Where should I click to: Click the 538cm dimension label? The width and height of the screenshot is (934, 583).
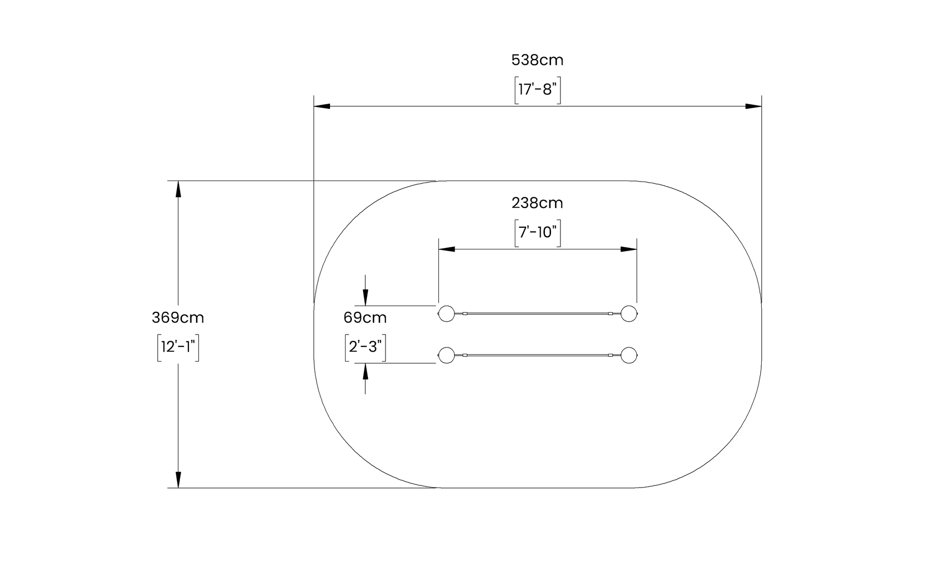pyautogui.click(x=537, y=60)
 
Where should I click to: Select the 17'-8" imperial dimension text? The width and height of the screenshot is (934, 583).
pyautogui.click(x=538, y=90)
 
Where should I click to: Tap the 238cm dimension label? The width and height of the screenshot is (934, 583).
pyautogui.click(x=537, y=203)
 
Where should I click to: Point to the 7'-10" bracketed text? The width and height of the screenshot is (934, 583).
pyautogui.click(x=538, y=232)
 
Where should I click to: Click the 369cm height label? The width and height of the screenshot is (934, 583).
pyautogui.click(x=178, y=317)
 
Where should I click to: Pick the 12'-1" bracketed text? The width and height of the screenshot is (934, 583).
pyautogui.click(x=178, y=346)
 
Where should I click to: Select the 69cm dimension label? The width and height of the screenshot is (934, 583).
pyautogui.click(x=365, y=317)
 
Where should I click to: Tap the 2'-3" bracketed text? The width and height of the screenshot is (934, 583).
pyautogui.click(x=365, y=346)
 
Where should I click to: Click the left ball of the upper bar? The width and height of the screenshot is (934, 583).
pyautogui.click(x=446, y=313)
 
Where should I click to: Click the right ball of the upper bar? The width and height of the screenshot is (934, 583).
pyautogui.click(x=629, y=313)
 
